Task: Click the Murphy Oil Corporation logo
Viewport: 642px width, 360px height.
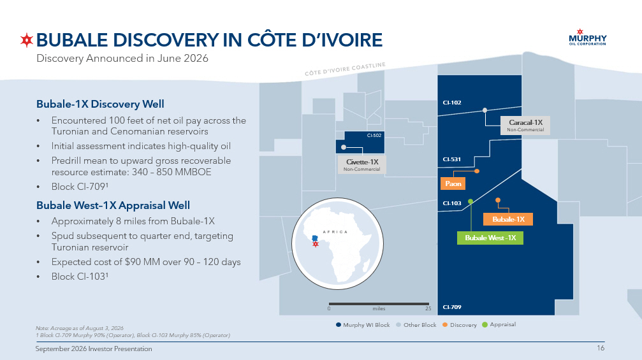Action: (588, 37)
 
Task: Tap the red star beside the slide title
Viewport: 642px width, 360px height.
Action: (27, 40)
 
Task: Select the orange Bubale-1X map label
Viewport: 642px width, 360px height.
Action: (508, 219)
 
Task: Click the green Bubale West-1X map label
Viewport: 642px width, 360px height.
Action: (490, 238)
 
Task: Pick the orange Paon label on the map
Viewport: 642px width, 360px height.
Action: (453, 184)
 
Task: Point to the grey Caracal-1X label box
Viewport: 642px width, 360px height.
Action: (525, 125)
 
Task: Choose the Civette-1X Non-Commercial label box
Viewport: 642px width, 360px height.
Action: (362, 164)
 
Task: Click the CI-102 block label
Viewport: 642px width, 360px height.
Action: (452, 103)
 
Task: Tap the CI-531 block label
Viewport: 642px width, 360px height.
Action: (451, 159)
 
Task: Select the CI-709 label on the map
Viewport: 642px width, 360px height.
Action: (452, 307)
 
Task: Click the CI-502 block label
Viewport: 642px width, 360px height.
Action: (374, 136)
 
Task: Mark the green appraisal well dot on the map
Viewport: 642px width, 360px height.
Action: (471, 201)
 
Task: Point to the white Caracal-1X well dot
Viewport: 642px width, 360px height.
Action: (485, 110)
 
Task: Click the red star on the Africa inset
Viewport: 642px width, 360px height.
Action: (316, 244)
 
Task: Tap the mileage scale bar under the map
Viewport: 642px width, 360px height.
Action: (379, 304)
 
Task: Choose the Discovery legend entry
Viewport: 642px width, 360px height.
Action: (460, 325)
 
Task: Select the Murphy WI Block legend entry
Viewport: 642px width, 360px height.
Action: (363, 325)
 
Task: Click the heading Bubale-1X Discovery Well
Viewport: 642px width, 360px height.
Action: (100, 104)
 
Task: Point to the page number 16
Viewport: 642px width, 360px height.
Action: (600, 348)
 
